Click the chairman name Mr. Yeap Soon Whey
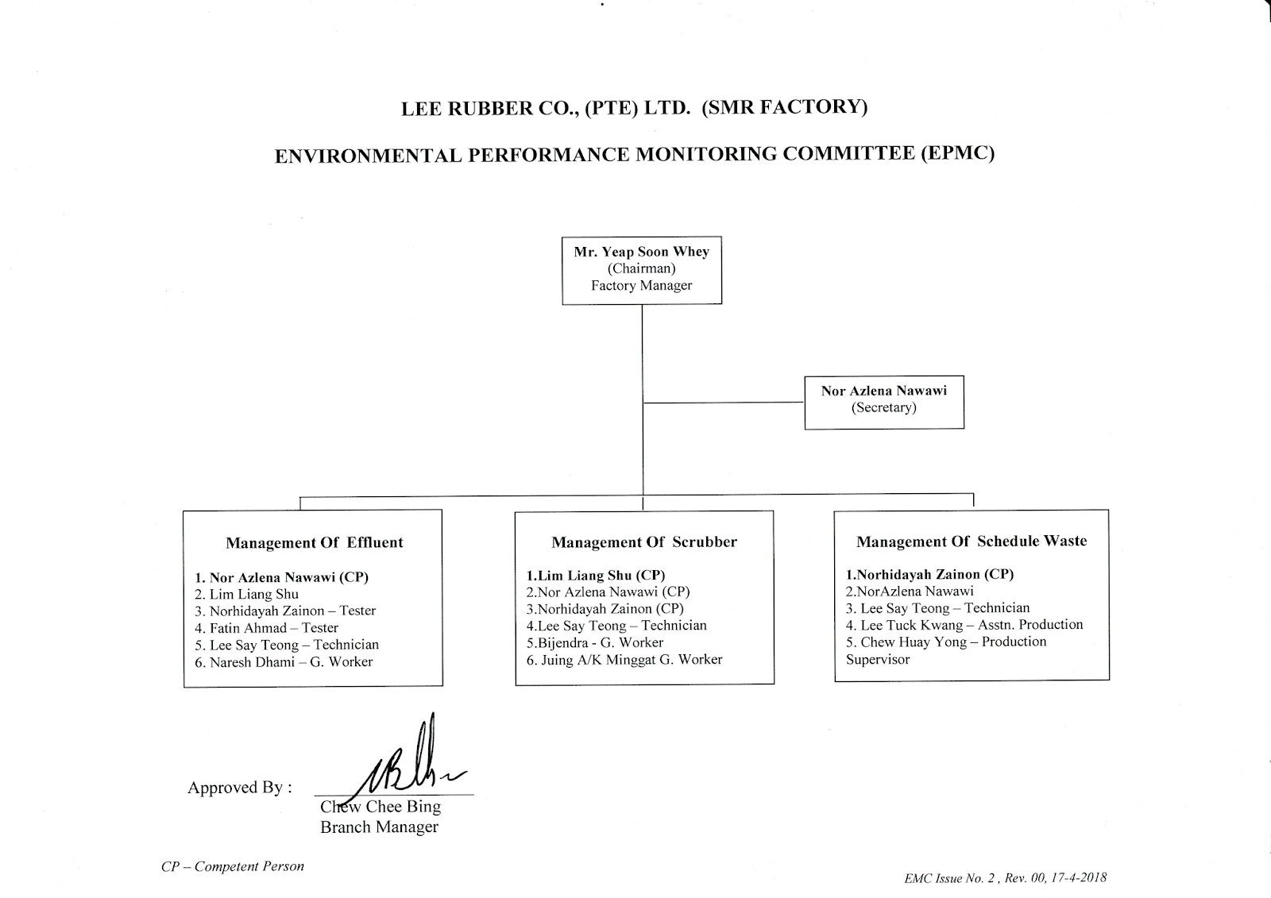pyautogui.click(x=641, y=252)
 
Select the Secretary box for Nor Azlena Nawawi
pyautogui.click(x=883, y=402)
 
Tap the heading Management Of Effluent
pyautogui.click(x=314, y=543)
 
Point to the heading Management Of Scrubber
pyautogui.click(x=644, y=542)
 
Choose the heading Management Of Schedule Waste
pyautogui.click(x=971, y=541)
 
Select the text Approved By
pyautogui.click(x=239, y=788)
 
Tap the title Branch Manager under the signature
pyautogui.click(x=379, y=827)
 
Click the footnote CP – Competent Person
pyautogui.click(x=233, y=866)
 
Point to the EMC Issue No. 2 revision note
pyautogui.click(x=1005, y=878)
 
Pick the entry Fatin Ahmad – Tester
pyautogui.click(x=266, y=628)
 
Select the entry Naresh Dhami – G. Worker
pyautogui.click(x=284, y=662)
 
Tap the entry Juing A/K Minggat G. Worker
pyautogui.click(x=624, y=660)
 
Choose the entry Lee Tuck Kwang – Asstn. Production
pyautogui.click(x=964, y=625)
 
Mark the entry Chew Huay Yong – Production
pyautogui.click(x=946, y=642)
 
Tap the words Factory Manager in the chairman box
pyautogui.click(x=641, y=286)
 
